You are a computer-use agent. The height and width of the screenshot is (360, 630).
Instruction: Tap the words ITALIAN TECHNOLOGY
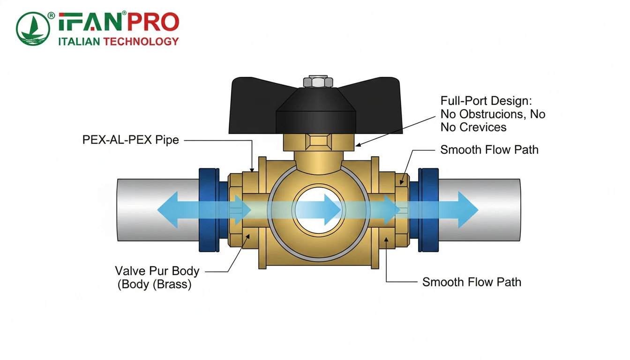[x=118, y=41]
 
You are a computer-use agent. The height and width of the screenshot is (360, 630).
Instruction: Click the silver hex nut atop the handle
[x=318, y=82]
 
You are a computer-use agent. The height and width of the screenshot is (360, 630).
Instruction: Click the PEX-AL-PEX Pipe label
[x=131, y=140]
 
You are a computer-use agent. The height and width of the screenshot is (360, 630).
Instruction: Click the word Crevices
[x=483, y=127]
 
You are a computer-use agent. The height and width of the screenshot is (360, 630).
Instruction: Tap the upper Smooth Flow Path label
[x=489, y=150]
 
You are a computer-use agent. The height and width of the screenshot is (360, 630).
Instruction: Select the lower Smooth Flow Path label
[x=472, y=282]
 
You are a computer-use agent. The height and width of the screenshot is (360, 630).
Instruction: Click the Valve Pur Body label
[x=157, y=271]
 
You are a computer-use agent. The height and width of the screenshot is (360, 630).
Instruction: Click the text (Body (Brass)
[x=155, y=285]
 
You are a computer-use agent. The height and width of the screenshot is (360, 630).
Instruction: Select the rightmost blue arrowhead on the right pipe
[x=468, y=210]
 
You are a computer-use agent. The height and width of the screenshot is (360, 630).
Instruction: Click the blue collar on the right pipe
[x=428, y=209]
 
